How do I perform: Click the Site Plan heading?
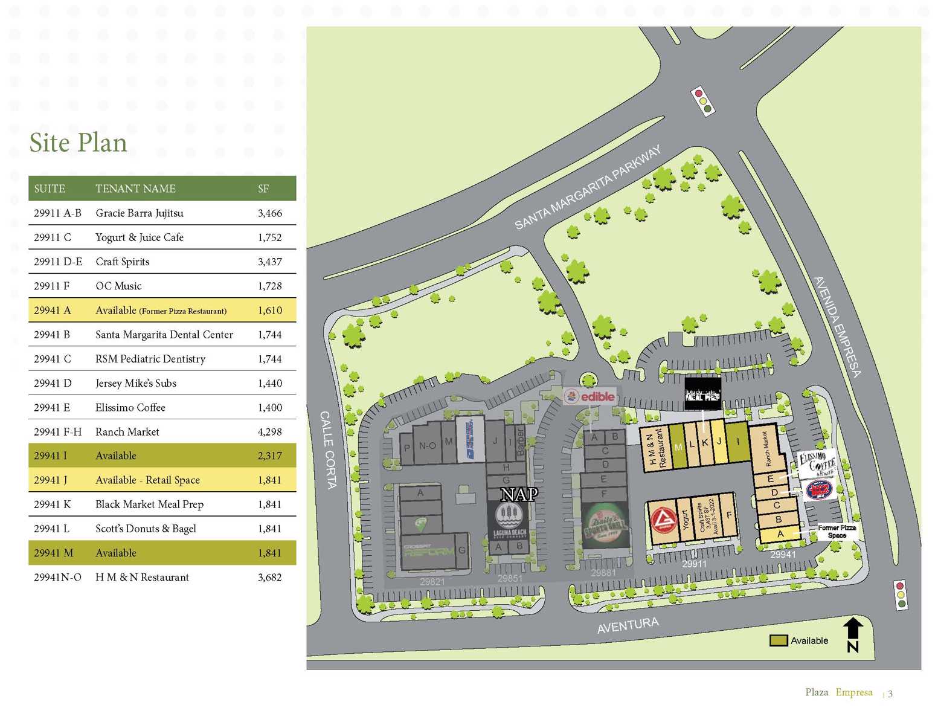click(78, 143)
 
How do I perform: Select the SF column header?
click(263, 189)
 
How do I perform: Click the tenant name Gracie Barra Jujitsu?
click(140, 213)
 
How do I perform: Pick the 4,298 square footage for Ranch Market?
click(269, 432)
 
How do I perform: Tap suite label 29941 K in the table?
click(52, 504)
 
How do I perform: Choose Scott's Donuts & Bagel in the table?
click(146, 529)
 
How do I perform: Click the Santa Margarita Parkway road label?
click(587, 188)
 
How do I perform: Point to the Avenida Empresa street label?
click(837, 327)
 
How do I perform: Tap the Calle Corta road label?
click(327, 449)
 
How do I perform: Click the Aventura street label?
click(628, 625)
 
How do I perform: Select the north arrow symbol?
click(853, 634)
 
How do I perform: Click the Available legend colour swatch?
click(778, 640)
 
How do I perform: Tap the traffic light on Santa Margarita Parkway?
click(703, 101)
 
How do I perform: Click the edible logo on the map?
click(589, 397)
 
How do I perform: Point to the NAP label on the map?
click(519, 495)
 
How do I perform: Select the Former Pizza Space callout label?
click(837, 532)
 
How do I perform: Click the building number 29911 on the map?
click(694, 564)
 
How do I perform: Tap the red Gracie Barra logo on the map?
click(663, 520)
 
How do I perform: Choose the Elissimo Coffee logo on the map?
click(817, 464)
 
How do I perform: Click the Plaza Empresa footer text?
click(838, 692)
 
